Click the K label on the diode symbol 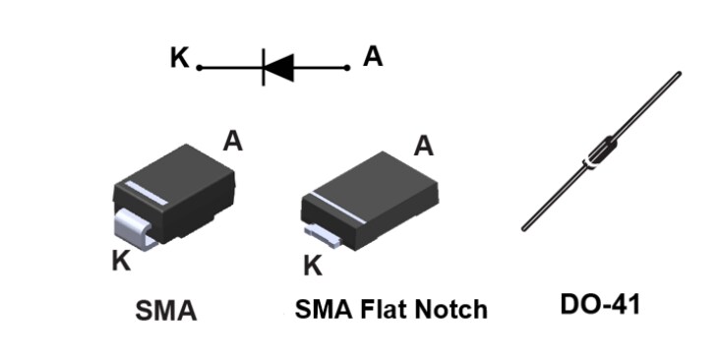(x=178, y=58)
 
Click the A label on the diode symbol (x=373, y=57)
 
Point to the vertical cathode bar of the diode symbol (x=263, y=67)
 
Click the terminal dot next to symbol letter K (x=200, y=68)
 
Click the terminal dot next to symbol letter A (x=347, y=68)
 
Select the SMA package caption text (x=165, y=312)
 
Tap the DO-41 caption (x=600, y=305)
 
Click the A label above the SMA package (x=233, y=141)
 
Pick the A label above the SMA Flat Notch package (x=424, y=147)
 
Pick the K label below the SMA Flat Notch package (x=313, y=266)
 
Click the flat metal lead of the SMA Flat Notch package (x=322, y=233)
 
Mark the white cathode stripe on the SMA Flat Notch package (x=329, y=209)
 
